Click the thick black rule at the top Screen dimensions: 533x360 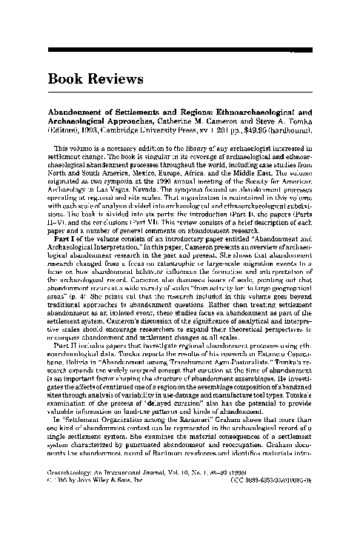[x=179, y=50]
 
